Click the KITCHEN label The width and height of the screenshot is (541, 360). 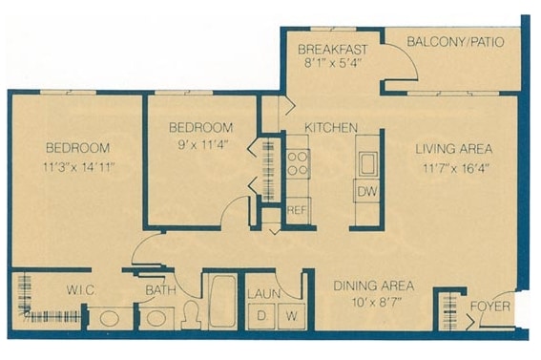(x=331, y=127)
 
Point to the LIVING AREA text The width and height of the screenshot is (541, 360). (x=453, y=149)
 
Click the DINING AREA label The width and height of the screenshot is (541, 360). (x=372, y=286)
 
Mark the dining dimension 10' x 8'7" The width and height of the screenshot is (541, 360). (x=372, y=304)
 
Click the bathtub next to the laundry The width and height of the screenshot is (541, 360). (x=221, y=303)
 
